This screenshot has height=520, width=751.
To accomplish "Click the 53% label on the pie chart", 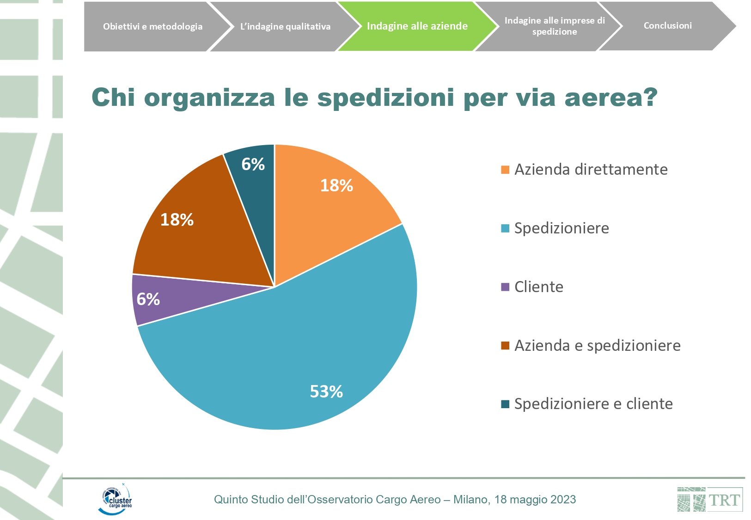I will (x=326, y=392).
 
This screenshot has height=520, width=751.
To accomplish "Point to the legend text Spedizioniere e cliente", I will (x=593, y=404).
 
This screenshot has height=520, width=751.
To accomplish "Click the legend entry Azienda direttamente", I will (x=591, y=170).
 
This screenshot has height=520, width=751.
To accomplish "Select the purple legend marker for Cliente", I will (x=505, y=287).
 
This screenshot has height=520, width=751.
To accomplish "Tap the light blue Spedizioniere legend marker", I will (x=505, y=228).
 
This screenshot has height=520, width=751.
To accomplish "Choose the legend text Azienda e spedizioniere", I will (x=597, y=346).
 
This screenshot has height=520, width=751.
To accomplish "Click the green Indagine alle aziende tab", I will (x=417, y=26).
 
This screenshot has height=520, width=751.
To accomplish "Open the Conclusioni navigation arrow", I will (x=667, y=26).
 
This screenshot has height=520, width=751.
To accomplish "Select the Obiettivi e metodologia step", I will (x=153, y=26).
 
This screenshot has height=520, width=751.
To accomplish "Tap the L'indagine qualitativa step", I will (x=285, y=26).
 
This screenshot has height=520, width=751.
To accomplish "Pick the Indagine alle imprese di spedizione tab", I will (x=554, y=26).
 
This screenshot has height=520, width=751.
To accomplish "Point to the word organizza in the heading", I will (x=209, y=98).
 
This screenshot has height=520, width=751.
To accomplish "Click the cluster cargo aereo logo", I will (x=115, y=499).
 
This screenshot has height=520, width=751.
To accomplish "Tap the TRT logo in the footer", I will (x=710, y=499).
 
